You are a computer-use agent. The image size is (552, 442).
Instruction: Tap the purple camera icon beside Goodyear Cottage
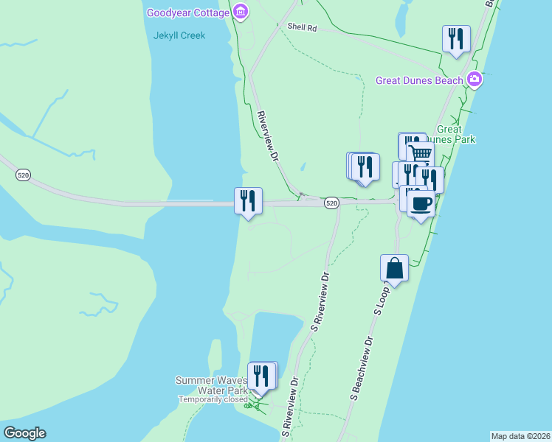pos(240,12)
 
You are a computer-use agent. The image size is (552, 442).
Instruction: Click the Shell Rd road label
pos(302,28)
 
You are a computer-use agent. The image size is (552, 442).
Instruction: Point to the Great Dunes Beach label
pos(419,80)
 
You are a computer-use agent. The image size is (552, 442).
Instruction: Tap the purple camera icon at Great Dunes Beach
pos(474,80)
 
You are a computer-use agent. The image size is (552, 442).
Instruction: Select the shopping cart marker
pos(420,152)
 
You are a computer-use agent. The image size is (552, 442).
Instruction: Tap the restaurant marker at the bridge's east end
pos(248,200)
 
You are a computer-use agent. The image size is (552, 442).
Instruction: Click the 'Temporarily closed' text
pos(213,399)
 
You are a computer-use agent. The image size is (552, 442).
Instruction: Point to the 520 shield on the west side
pos(24,175)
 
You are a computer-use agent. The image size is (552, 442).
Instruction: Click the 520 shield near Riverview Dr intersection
pos(331,203)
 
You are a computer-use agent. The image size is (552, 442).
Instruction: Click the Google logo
pos(24,433)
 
